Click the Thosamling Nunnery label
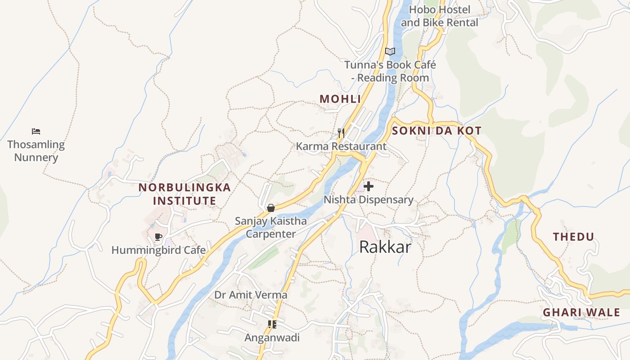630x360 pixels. (x=36, y=151)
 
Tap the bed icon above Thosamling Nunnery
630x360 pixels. (x=36, y=131)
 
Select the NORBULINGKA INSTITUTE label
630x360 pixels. (x=184, y=194)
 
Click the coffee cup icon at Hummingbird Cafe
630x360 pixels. (x=158, y=237)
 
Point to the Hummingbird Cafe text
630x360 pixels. (x=158, y=250)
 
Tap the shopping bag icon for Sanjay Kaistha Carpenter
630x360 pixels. (x=271, y=208)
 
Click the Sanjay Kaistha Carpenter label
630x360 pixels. (x=271, y=227)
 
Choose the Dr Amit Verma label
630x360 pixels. (x=251, y=295)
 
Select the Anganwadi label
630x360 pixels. (x=272, y=337)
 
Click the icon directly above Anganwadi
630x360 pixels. (x=272, y=324)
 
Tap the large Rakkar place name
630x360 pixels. (x=385, y=247)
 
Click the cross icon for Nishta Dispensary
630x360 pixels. (x=369, y=186)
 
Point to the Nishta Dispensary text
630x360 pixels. (x=369, y=200)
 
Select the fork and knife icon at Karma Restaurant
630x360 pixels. (x=341, y=133)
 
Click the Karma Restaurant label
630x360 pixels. (x=341, y=146)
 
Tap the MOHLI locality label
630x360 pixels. (x=340, y=99)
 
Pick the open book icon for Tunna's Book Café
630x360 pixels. (x=390, y=51)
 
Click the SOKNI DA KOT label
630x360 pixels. (x=436, y=131)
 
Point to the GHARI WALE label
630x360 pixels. (x=581, y=312)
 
